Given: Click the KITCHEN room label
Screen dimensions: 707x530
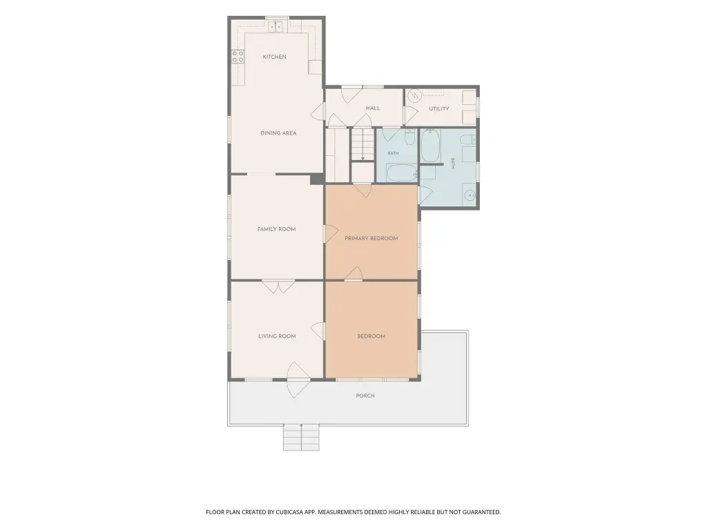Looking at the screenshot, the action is tap(274, 57).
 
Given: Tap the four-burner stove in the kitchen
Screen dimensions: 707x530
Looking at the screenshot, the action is tap(238, 57).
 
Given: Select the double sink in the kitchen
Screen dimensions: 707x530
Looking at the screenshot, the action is tap(275, 27).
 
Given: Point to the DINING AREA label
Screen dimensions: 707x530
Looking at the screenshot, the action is tap(278, 133).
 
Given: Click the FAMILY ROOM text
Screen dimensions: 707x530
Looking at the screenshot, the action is tap(276, 229).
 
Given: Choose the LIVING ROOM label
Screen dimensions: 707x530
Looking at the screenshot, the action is tap(277, 336).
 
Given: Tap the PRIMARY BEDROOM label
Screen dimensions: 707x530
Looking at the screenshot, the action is tap(371, 238).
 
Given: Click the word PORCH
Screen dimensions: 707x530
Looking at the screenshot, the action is tap(365, 395).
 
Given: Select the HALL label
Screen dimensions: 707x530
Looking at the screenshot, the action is tap(373, 108).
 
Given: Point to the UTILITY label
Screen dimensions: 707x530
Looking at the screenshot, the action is tap(438, 108).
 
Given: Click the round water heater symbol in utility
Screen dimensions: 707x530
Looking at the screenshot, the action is tap(414, 95).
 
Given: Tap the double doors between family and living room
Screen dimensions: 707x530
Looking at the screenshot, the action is tap(278, 287).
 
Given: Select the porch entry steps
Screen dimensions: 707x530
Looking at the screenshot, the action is tap(301, 437).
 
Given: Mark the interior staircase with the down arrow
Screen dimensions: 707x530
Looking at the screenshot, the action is tap(362, 144).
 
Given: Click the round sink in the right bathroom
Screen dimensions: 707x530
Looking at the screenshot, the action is tap(470, 195).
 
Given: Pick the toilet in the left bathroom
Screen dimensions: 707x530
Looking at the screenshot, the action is tap(409, 137).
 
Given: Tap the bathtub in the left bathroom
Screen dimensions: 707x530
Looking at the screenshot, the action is tap(402, 173).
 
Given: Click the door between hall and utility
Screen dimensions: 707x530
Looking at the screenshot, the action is tap(410, 116).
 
